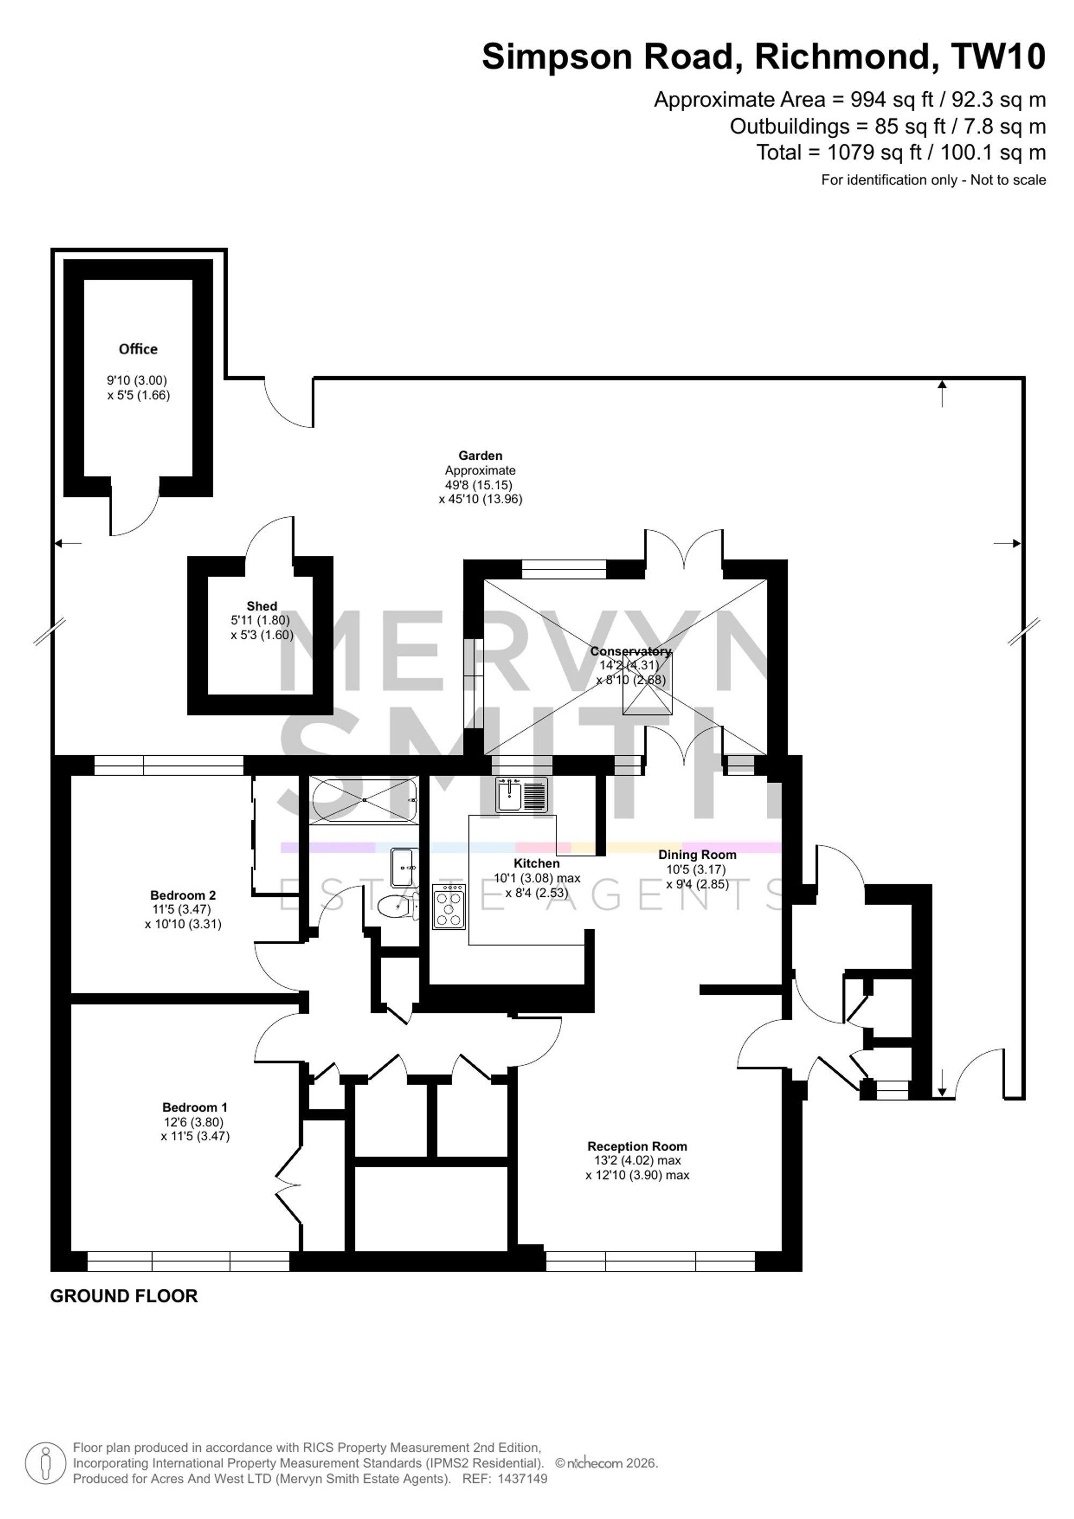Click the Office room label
point(138,349)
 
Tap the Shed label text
point(262,606)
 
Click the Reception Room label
point(637,1147)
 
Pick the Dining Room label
point(697,855)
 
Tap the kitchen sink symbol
point(522,794)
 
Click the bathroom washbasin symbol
point(403,867)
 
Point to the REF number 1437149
point(505,1479)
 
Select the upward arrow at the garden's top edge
point(942,394)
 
